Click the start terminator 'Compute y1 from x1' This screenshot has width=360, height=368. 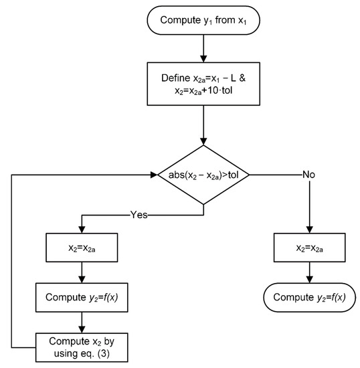[202, 19]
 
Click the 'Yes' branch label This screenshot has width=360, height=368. [139, 216]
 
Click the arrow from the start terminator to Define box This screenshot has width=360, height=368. [202, 47]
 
